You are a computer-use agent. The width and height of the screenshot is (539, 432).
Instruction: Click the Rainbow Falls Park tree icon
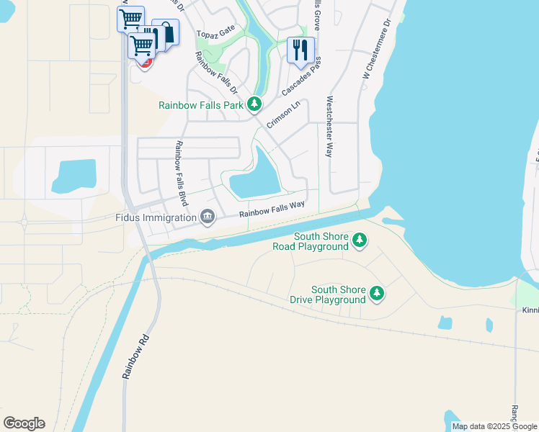pyautogui.click(x=254, y=105)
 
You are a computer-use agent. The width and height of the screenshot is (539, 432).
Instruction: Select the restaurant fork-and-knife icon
pyautogui.click(x=300, y=50)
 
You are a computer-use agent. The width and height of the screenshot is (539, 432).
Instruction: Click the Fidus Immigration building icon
pyautogui.click(x=208, y=217)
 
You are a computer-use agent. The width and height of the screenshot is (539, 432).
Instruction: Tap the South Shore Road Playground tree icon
pyautogui.click(x=359, y=241)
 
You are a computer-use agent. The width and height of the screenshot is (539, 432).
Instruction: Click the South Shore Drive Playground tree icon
pyautogui.click(x=376, y=293)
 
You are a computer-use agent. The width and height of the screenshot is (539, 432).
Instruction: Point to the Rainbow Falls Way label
pyautogui.click(x=272, y=209)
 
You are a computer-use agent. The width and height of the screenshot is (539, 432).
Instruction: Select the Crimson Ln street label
pyautogui.click(x=283, y=114)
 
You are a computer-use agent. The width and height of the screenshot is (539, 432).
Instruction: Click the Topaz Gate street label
pyautogui.click(x=217, y=34)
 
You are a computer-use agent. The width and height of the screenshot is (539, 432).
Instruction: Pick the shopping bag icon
pyautogui.click(x=166, y=34)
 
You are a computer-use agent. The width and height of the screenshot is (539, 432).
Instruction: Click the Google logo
pyautogui.click(x=24, y=423)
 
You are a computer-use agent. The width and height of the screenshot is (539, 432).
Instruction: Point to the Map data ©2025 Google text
pyautogui.click(x=494, y=426)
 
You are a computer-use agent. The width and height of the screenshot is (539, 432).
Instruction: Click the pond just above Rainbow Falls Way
pyautogui.click(x=257, y=181)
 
